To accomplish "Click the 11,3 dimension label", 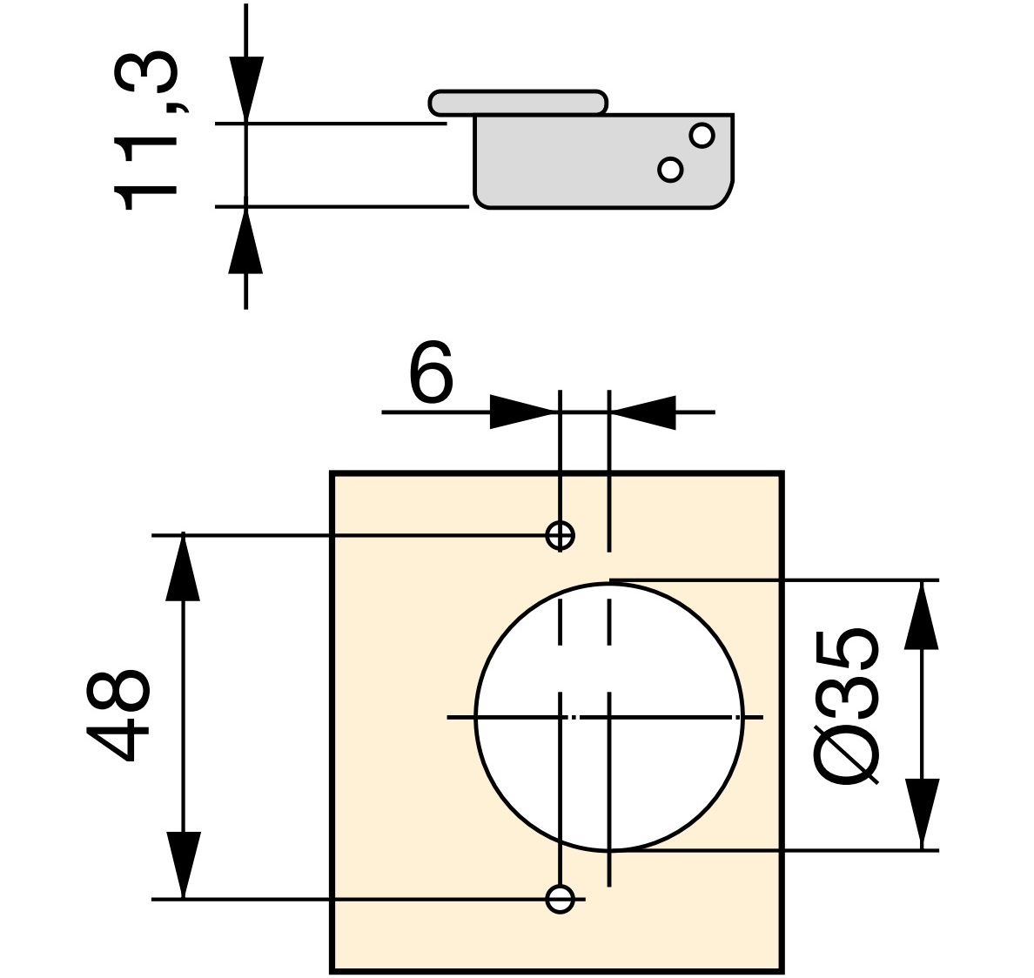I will (x=145, y=131).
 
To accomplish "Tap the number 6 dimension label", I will (x=431, y=373).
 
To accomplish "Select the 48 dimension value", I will (x=118, y=715).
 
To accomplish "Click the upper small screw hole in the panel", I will (x=560, y=534).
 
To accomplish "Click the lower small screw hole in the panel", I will (x=560, y=897).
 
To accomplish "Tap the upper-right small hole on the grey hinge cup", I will (x=702, y=136).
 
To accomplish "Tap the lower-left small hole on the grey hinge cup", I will (x=670, y=169).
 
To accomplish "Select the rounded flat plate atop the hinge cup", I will (x=518, y=102).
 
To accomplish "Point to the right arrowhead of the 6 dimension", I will (x=643, y=412).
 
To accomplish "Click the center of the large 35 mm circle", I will (x=609, y=717).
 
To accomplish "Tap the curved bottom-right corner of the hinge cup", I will (x=722, y=197).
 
